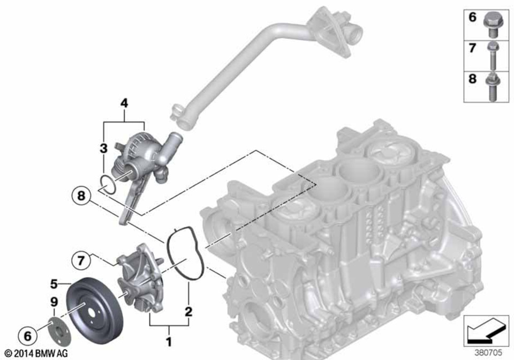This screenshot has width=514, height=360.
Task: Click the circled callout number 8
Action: pos(81,197)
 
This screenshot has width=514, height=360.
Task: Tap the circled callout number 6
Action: pos(27,336)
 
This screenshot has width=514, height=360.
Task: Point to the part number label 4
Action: pos(124,103)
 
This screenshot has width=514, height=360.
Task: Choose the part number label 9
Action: pos(54,303)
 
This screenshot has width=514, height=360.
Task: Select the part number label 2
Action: pos(188,311)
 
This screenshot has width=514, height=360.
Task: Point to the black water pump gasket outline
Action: pos(185,252)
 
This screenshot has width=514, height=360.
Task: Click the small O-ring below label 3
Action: pos(107,184)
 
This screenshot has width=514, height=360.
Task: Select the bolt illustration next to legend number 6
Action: pos(492,24)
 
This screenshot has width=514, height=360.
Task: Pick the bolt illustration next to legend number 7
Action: pos(492,53)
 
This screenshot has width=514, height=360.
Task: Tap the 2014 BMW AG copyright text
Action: pos(35,354)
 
